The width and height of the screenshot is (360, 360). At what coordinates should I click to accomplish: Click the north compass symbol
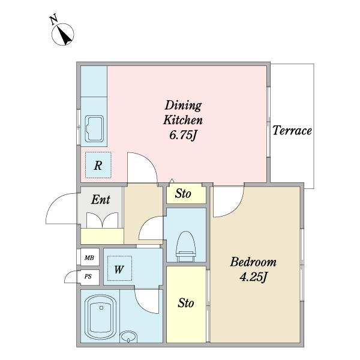(x=62, y=34)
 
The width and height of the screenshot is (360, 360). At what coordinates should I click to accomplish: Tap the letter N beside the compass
(x=54, y=19)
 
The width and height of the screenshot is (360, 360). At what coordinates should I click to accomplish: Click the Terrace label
(x=292, y=130)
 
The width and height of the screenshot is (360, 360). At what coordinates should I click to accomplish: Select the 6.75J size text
(x=183, y=135)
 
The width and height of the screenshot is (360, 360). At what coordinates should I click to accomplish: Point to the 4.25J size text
(x=253, y=277)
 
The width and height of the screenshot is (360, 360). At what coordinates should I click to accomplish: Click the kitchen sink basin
(x=94, y=129)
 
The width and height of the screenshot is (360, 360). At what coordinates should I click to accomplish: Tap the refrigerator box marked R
(x=98, y=165)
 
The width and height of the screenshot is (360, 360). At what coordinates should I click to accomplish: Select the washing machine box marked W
(x=119, y=268)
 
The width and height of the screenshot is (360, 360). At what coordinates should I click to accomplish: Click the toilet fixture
(x=186, y=247)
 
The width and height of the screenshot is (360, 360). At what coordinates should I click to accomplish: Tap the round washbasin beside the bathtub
(x=128, y=337)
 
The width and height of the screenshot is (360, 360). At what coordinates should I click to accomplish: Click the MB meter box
(x=89, y=257)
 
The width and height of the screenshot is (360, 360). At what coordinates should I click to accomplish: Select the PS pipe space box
(x=88, y=277)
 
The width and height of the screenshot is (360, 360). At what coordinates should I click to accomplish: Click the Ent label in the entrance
(x=101, y=200)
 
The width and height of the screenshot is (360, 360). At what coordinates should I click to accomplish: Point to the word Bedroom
(x=253, y=262)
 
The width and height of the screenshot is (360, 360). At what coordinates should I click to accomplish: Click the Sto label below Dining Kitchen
(x=183, y=194)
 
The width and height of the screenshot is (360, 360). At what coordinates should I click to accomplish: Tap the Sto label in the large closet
(x=186, y=303)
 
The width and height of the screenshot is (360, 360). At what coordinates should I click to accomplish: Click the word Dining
(x=183, y=106)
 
